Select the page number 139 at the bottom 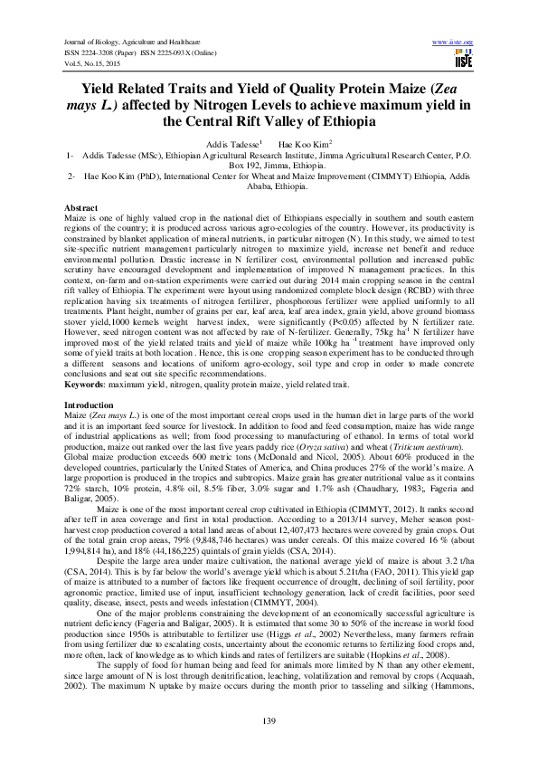(269, 719)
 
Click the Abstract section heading (81, 208)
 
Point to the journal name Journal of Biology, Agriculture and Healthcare (133, 42)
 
